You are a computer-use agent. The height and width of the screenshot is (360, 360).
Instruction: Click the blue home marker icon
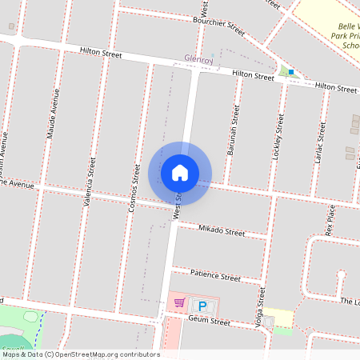(179, 172)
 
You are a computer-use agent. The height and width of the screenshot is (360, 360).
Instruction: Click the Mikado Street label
(222, 231)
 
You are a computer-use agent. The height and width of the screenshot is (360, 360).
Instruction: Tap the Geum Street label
(209, 322)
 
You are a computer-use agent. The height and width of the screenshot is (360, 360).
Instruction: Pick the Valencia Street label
(90, 183)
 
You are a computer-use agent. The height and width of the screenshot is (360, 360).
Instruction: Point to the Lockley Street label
(279, 137)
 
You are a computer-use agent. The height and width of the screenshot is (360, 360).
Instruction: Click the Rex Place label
(330, 218)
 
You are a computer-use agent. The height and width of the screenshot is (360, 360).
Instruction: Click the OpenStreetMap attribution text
(80, 354)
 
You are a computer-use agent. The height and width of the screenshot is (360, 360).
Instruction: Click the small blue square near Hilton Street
(291, 72)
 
